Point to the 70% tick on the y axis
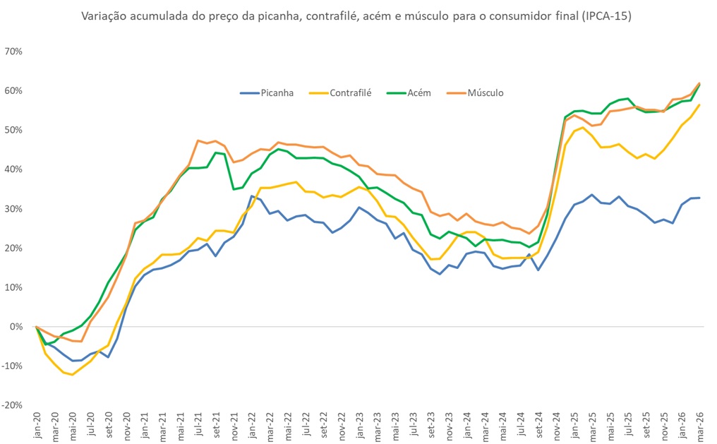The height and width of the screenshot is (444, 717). tap(14, 52)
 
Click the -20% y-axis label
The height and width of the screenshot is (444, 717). tap(14, 405)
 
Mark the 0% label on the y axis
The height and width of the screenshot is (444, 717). tap(16, 327)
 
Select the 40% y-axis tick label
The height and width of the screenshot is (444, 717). tap(14, 169)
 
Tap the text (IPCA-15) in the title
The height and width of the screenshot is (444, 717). tap(606, 16)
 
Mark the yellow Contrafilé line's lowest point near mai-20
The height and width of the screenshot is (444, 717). tap(72, 375)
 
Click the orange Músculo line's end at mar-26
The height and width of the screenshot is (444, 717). tap(699, 83)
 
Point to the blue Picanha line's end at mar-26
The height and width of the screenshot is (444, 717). tap(699, 198)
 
